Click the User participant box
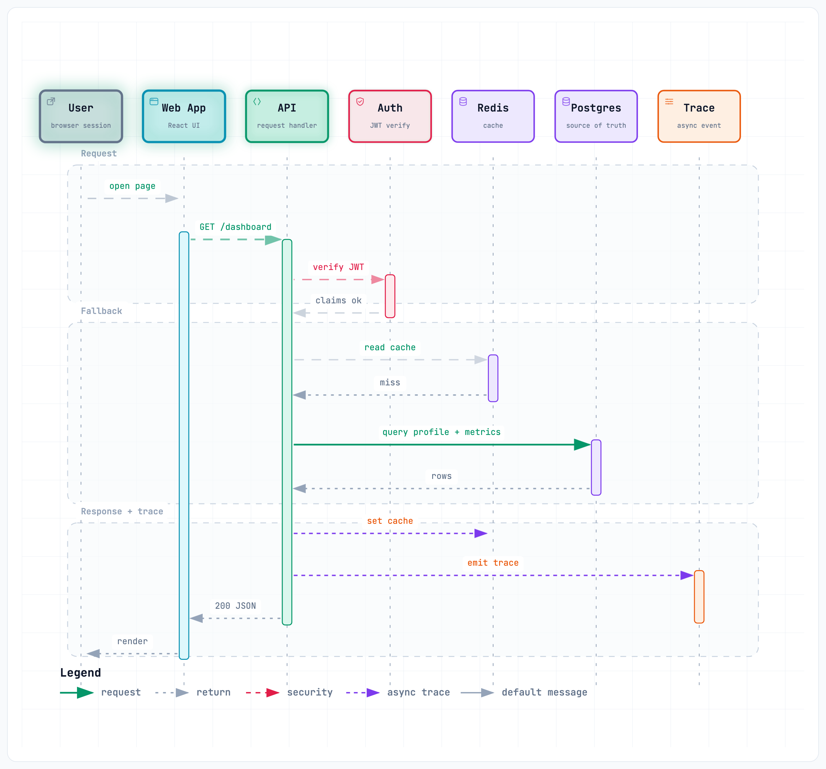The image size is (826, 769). coord(81,116)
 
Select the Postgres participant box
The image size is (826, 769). coord(596,116)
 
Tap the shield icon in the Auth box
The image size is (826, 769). coord(360,102)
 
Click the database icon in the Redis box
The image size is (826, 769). coord(463,102)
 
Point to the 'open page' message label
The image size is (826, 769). coord(132,186)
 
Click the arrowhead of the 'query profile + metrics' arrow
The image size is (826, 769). coord(583,445)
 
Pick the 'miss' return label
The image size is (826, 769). coord(390,382)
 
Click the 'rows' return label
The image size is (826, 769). coord(441,476)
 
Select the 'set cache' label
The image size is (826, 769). coord(390,521)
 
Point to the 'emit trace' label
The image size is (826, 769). coord(493,563)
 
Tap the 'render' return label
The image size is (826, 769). coord(132,641)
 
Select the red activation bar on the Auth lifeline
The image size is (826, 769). coord(390,296)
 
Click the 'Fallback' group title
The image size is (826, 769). coord(101,311)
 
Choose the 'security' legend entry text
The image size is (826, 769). coord(310,692)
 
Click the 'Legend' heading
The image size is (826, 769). coord(81,673)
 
